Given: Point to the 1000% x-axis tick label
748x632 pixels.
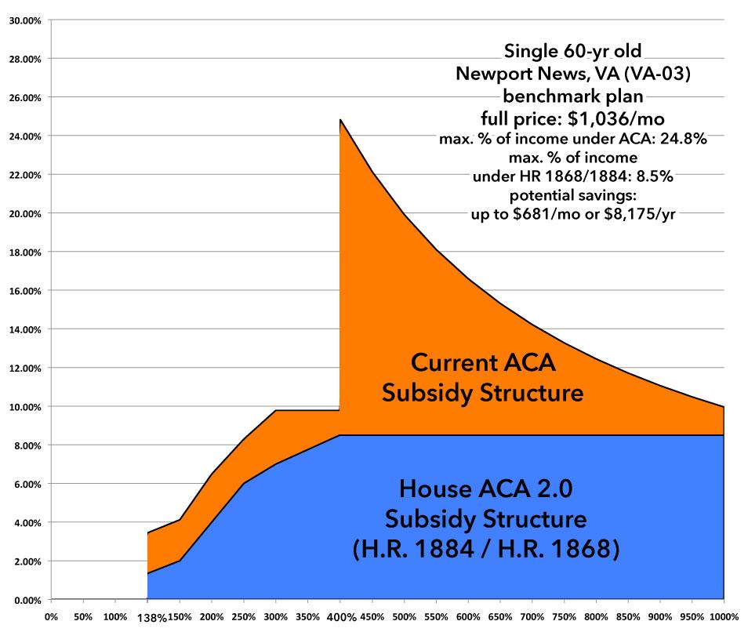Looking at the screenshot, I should click(723, 616).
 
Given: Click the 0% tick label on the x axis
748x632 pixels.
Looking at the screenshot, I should click(51, 616).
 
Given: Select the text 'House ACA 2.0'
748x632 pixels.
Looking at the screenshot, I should click(486, 489).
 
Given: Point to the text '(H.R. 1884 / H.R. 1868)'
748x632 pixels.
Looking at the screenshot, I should click(486, 549).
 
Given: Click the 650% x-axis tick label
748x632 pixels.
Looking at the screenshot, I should click(499, 616).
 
